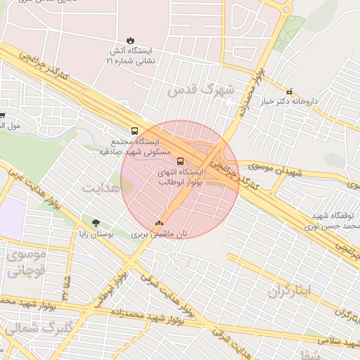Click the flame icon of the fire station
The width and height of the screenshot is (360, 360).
click(130, 40)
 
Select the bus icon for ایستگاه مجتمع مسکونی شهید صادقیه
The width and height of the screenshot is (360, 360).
click(134, 130)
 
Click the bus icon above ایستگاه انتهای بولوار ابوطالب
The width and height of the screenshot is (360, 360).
click(180, 160)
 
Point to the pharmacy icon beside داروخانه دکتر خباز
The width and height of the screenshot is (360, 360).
click(289, 91)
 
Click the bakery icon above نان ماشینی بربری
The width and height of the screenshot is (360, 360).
click(167, 222)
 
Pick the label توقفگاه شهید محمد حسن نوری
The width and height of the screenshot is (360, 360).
click(331, 221)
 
